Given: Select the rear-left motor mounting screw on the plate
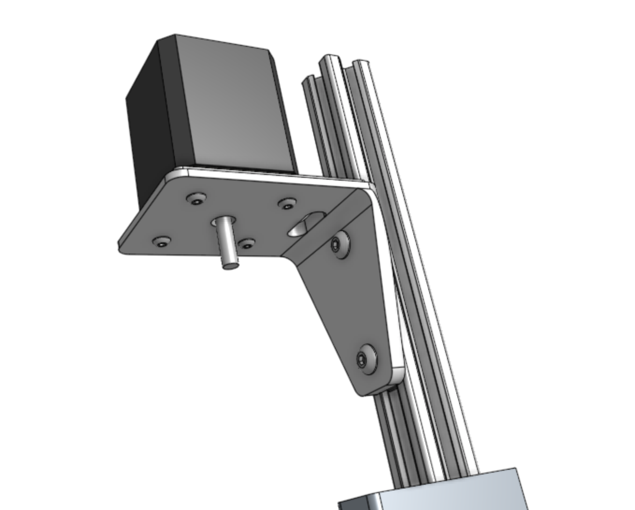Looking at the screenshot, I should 196,198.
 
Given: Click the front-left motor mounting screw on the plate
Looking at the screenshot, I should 161,242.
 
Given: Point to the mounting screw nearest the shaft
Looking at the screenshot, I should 246,244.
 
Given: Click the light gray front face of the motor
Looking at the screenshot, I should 234,108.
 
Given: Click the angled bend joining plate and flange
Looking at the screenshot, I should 323,220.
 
